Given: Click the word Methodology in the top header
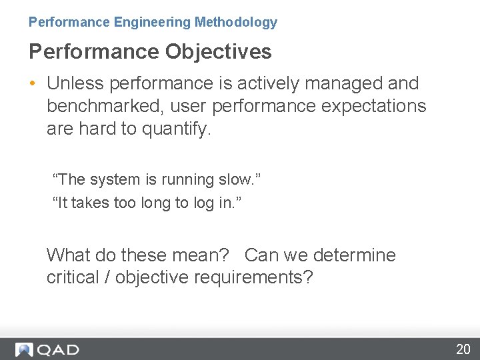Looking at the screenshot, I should click(235, 22).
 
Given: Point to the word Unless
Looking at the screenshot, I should click(75, 83).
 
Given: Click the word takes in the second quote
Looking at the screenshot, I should click(90, 203).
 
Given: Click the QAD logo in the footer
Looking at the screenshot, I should click(47, 349).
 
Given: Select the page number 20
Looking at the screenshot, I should click(463, 349).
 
